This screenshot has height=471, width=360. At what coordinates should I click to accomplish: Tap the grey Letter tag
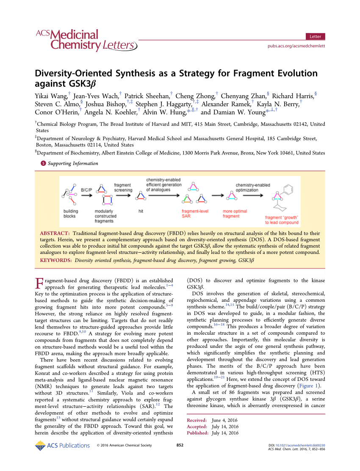tap(315, 36)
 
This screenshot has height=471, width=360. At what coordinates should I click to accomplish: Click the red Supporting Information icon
tap(42, 163)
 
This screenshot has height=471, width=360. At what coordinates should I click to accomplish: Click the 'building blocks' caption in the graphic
tap(71, 214)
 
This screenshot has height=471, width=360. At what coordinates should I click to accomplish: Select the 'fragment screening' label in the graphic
tap(122, 188)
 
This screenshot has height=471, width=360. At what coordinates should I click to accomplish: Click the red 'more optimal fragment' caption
tap(234, 214)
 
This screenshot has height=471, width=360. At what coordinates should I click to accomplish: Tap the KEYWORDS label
tap(55, 260)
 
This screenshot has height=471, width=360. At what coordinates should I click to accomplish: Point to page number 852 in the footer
tap(180, 445)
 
